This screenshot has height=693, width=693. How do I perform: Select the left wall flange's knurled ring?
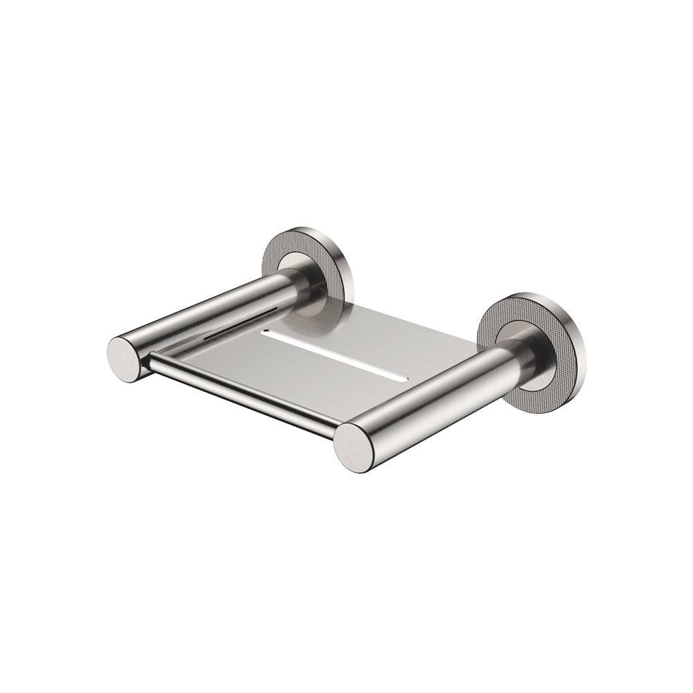click(272, 257)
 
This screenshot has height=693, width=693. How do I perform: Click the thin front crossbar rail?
click(243, 392)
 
